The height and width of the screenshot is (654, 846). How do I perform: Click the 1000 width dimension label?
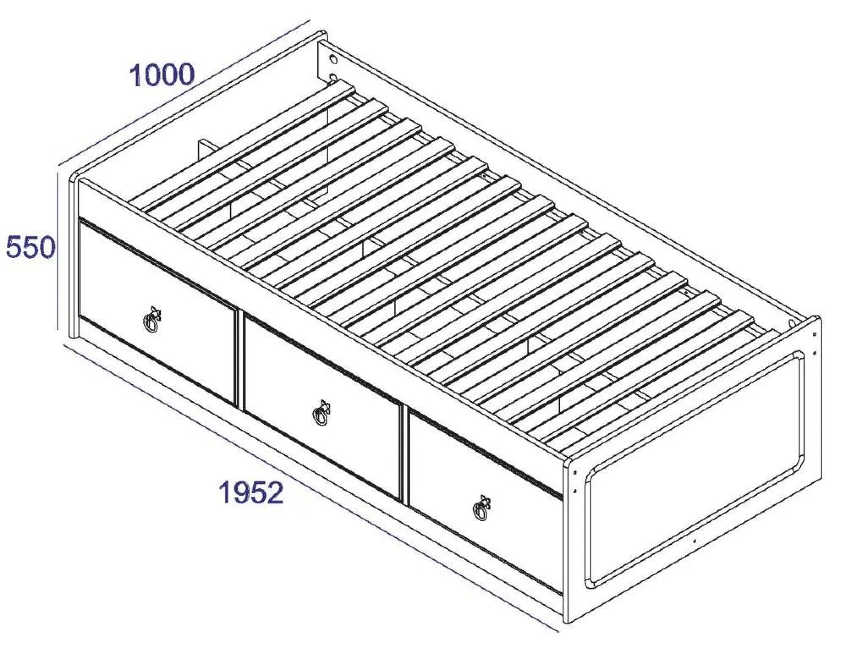tap(162, 75)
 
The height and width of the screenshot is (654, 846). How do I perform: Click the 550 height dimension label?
tap(30, 247)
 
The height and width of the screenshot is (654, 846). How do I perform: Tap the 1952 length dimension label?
tap(251, 492)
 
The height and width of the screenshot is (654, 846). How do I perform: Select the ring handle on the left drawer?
tap(152, 319)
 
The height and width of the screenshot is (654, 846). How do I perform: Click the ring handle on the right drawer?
tap(481, 508)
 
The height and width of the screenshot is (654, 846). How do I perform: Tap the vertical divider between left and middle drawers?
tap(239, 360)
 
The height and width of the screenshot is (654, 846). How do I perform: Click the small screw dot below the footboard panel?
tap(694, 540)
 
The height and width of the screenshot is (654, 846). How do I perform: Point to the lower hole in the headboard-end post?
tap(333, 77)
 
